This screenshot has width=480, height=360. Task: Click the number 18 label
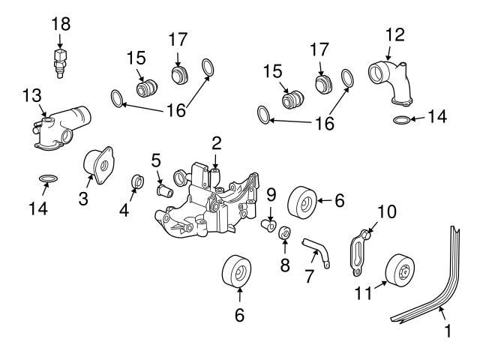coord(61,24)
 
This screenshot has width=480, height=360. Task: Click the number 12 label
coord(394,34)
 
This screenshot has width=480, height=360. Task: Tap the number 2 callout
coord(216,142)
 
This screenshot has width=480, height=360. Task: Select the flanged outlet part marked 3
coord(98,163)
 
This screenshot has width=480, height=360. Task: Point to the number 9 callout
coord(271,194)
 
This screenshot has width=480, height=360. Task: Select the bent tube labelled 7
coord(314,249)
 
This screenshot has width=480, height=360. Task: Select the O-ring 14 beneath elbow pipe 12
coord(402,119)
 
